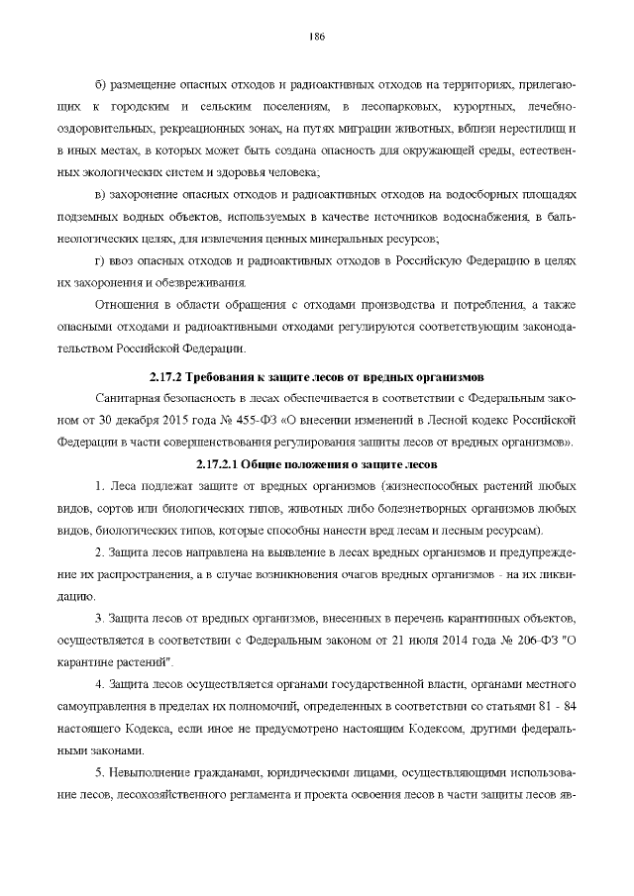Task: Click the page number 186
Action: pos(317,37)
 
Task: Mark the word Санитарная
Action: pos(133,397)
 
